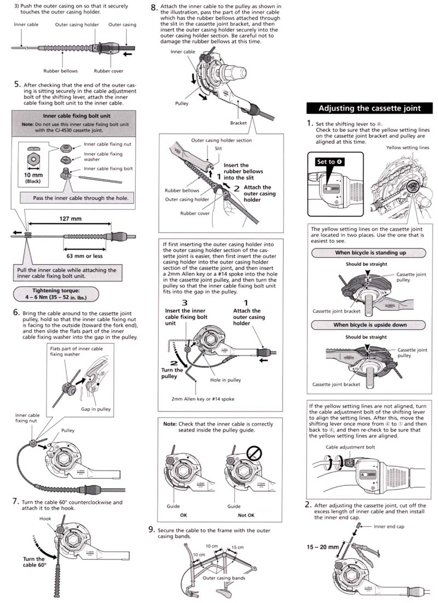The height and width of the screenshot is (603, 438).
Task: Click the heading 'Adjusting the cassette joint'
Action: (370, 108)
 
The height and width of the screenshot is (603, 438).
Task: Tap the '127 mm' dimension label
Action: (70, 219)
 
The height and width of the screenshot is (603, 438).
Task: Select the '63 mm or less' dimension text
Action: (83, 255)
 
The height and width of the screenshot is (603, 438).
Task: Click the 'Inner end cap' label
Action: (390, 526)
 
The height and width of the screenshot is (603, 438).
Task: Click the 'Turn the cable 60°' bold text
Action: (34, 563)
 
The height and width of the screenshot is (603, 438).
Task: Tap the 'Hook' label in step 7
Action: (45, 517)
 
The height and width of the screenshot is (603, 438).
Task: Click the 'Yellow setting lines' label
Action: (407, 147)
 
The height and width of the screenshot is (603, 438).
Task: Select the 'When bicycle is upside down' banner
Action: (370, 324)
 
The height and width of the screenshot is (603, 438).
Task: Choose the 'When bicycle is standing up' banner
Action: (370, 253)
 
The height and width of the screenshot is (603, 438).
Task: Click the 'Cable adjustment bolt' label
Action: (348, 447)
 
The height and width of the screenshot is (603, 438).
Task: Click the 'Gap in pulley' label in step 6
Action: (111, 408)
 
